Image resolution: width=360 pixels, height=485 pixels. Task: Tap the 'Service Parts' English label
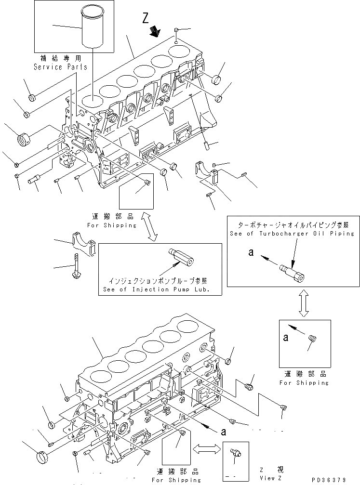[60, 67]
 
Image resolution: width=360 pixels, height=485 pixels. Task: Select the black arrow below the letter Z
[155, 32]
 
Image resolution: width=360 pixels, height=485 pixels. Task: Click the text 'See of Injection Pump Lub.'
[160, 289]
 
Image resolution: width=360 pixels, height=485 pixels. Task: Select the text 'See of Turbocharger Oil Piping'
[292, 233]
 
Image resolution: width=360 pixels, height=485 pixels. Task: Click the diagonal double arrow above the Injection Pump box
[151, 228]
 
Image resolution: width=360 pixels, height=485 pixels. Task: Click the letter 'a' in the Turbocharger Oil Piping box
[250, 252]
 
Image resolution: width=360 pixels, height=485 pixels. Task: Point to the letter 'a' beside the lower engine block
[224, 432]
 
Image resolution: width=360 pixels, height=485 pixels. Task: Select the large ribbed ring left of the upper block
[24, 141]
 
